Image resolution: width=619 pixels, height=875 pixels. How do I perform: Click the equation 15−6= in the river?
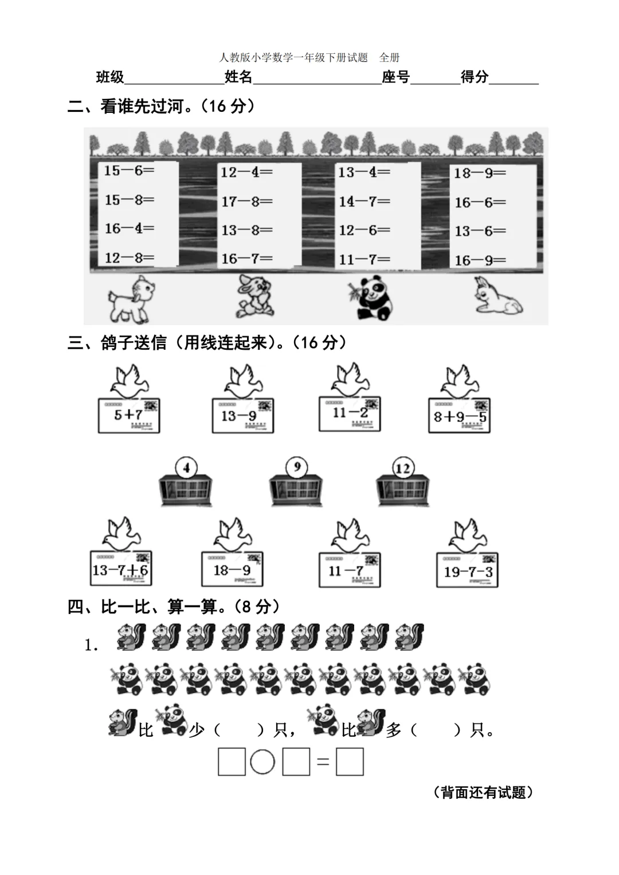[129, 170]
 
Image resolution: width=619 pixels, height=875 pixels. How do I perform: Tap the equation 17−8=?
[247, 202]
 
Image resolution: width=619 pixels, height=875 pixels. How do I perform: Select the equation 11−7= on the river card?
[364, 260]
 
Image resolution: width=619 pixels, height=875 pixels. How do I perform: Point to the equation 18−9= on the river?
[480, 173]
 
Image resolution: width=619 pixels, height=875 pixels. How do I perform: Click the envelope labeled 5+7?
[128, 415]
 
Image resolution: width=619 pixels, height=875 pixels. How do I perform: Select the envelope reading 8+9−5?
[459, 416]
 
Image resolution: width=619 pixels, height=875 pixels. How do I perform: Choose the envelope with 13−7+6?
[120, 569]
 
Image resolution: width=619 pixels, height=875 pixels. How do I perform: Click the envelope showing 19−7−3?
[468, 571]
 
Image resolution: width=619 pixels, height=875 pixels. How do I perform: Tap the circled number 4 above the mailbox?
[186, 467]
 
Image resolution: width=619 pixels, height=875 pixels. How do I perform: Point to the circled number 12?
[402, 468]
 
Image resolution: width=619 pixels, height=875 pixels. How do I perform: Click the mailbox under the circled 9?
[296, 492]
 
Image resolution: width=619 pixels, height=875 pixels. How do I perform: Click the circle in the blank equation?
[263, 763]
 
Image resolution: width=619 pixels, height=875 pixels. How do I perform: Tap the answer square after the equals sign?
[350, 763]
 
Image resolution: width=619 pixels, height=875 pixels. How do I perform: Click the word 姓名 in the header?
[238, 77]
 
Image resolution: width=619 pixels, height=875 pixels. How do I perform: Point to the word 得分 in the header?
[475, 77]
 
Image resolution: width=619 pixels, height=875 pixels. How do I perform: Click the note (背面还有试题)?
[483, 792]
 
